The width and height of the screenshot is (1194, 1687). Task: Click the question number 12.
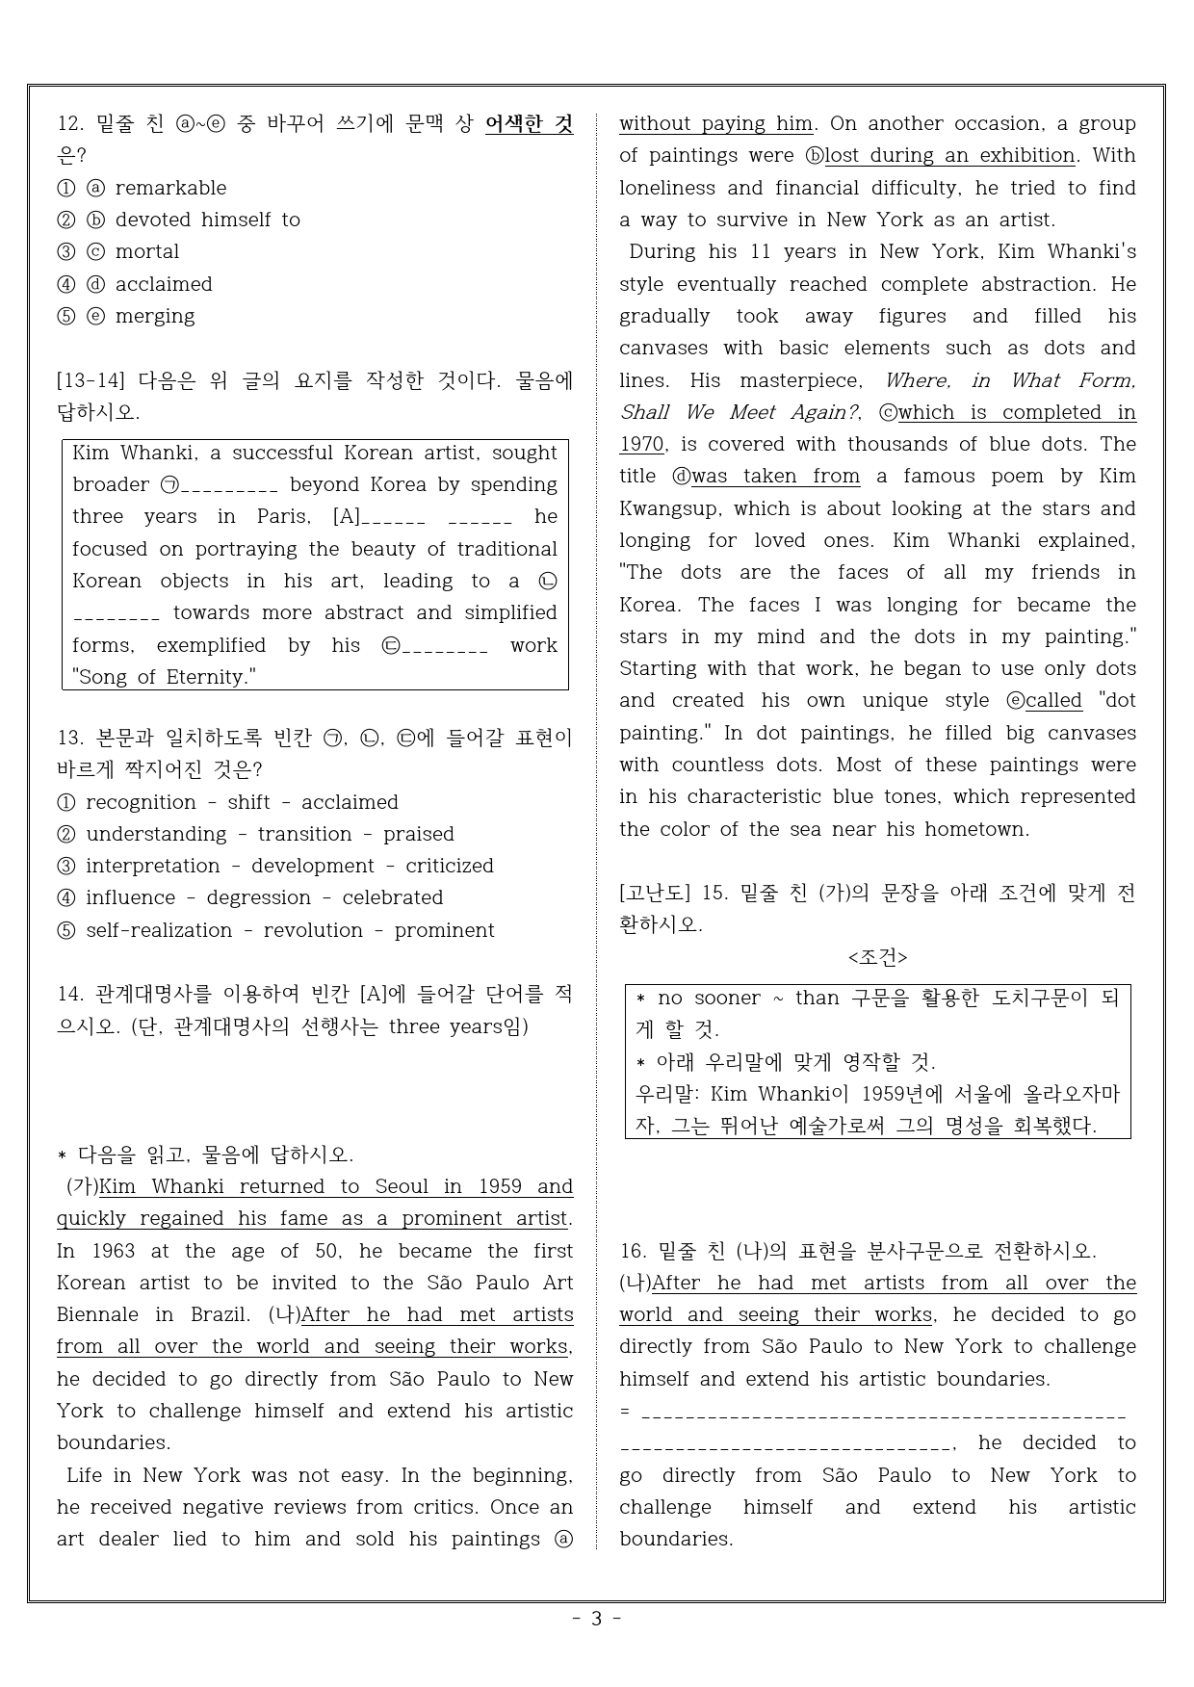70,123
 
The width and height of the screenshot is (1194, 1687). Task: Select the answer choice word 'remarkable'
170,188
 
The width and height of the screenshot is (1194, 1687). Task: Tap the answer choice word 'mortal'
147,251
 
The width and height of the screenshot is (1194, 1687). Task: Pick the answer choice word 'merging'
155,316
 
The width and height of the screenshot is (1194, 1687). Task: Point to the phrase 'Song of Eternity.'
165,677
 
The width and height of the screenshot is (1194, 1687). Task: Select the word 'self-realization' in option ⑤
159,930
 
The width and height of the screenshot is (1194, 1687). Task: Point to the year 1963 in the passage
114,1251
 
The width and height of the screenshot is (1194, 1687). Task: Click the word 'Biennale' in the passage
98,1314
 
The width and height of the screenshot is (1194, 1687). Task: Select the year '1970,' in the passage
643,444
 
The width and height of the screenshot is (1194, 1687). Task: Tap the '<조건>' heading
877,957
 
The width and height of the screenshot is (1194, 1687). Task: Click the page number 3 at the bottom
596,1619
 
